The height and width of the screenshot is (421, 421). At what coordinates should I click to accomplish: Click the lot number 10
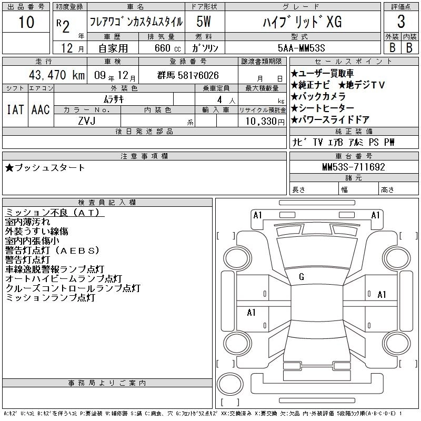26,22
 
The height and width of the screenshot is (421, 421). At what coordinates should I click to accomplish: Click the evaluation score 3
401,22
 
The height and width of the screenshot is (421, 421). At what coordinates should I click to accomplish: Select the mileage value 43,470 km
57,75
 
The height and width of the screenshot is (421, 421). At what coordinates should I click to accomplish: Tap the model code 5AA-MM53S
301,48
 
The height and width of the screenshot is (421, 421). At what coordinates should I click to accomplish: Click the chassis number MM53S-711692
354,167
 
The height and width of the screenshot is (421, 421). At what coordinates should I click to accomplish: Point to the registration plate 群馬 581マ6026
188,75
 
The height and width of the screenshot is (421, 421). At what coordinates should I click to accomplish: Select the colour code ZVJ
87,121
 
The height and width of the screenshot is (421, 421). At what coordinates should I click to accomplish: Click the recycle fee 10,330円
265,121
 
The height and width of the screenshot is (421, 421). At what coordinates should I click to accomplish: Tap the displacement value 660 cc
167,48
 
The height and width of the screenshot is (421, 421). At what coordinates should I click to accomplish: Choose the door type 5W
204,22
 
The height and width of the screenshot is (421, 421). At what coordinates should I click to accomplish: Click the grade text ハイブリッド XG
302,22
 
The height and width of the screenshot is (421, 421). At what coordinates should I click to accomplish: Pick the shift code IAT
15,109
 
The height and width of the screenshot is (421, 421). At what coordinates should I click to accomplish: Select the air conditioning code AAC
41,109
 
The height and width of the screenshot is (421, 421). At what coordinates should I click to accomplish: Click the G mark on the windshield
302,277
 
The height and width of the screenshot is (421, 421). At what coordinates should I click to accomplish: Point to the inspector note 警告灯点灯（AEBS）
52,250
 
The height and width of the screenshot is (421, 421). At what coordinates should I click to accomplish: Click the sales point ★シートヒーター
323,108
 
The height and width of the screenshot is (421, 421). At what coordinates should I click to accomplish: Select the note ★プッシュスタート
45,168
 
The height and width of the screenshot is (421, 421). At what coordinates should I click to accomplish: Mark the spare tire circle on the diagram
230,384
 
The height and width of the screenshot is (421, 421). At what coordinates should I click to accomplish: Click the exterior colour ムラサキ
114,99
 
